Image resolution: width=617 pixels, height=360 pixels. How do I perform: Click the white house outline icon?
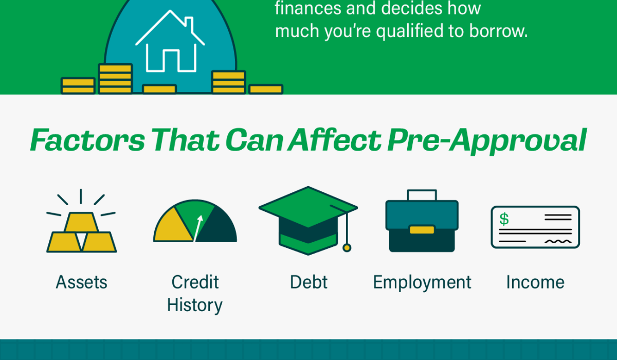click(170, 41)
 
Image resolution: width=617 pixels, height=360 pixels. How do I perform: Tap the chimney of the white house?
click(189, 23)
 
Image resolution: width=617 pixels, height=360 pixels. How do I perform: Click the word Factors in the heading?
click(87, 140)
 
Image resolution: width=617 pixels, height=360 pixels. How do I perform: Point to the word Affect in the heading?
click(334, 140)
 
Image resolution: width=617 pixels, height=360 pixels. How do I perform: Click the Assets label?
click(82, 282)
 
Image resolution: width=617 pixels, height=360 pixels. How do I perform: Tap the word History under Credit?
click(195, 305)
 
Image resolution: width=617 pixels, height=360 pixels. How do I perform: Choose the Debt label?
click(309, 282)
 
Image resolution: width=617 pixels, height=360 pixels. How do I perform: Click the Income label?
click(535, 282)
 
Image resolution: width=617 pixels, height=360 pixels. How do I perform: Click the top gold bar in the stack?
click(81, 222)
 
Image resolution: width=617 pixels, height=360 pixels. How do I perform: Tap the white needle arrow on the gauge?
click(198, 228)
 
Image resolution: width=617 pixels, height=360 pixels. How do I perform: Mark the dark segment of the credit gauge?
click(217, 227)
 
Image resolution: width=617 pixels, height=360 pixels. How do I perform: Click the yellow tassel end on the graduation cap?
click(347, 248)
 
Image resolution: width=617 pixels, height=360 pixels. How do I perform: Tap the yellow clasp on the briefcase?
click(422, 230)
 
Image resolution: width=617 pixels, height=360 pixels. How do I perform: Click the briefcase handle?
click(422, 195)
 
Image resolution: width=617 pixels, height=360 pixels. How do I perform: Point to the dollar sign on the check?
click(504, 219)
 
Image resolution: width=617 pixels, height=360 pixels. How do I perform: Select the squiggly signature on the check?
click(558, 242)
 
